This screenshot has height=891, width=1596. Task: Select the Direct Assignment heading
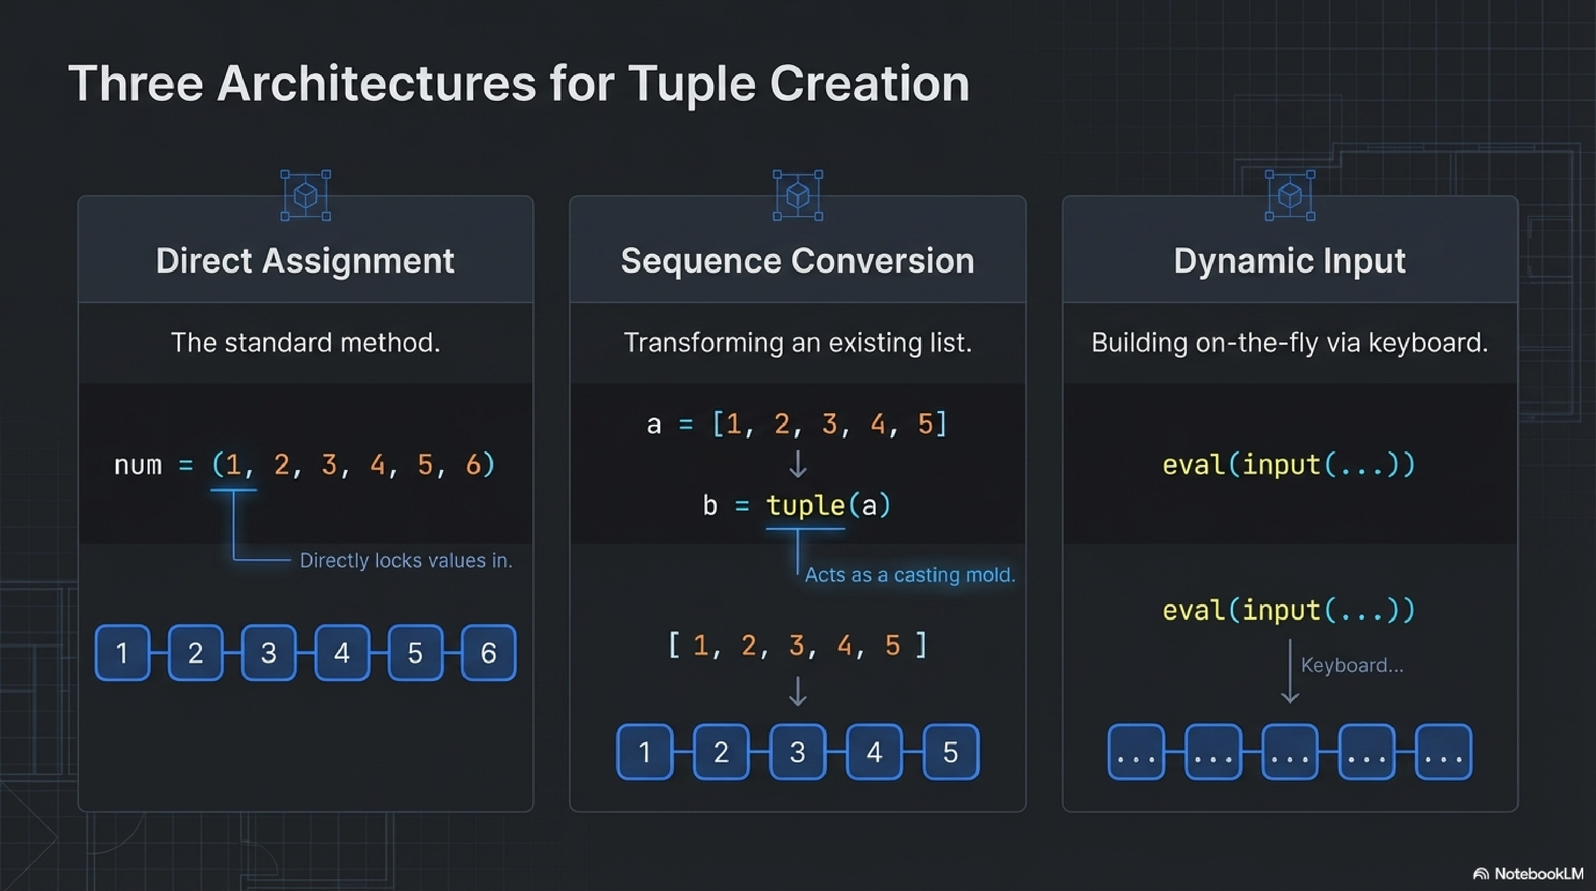(x=305, y=261)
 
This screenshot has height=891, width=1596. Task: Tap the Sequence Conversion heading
(x=797, y=261)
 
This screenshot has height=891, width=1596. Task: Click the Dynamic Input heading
(x=1289, y=261)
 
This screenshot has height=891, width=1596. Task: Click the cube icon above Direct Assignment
(x=306, y=196)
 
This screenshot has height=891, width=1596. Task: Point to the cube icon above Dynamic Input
(x=1290, y=196)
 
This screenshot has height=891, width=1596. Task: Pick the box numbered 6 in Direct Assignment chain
(x=488, y=653)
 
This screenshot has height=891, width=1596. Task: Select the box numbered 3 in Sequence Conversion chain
(x=797, y=752)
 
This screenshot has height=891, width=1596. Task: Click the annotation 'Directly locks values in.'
(x=406, y=561)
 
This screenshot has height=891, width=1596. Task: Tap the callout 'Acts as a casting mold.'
(x=910, y=575)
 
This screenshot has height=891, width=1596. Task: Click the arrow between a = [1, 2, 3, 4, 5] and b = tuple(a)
(x=797, y=464)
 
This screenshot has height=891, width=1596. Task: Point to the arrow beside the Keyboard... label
(x=1290, y=672)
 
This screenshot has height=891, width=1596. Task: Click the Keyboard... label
(x=1352, y=665)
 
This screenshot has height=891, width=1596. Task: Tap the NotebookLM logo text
(x=1538, y=874)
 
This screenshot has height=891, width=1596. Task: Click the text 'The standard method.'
(x=306, y=342)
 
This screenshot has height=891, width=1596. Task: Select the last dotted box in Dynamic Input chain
(x=1443, y=752)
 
